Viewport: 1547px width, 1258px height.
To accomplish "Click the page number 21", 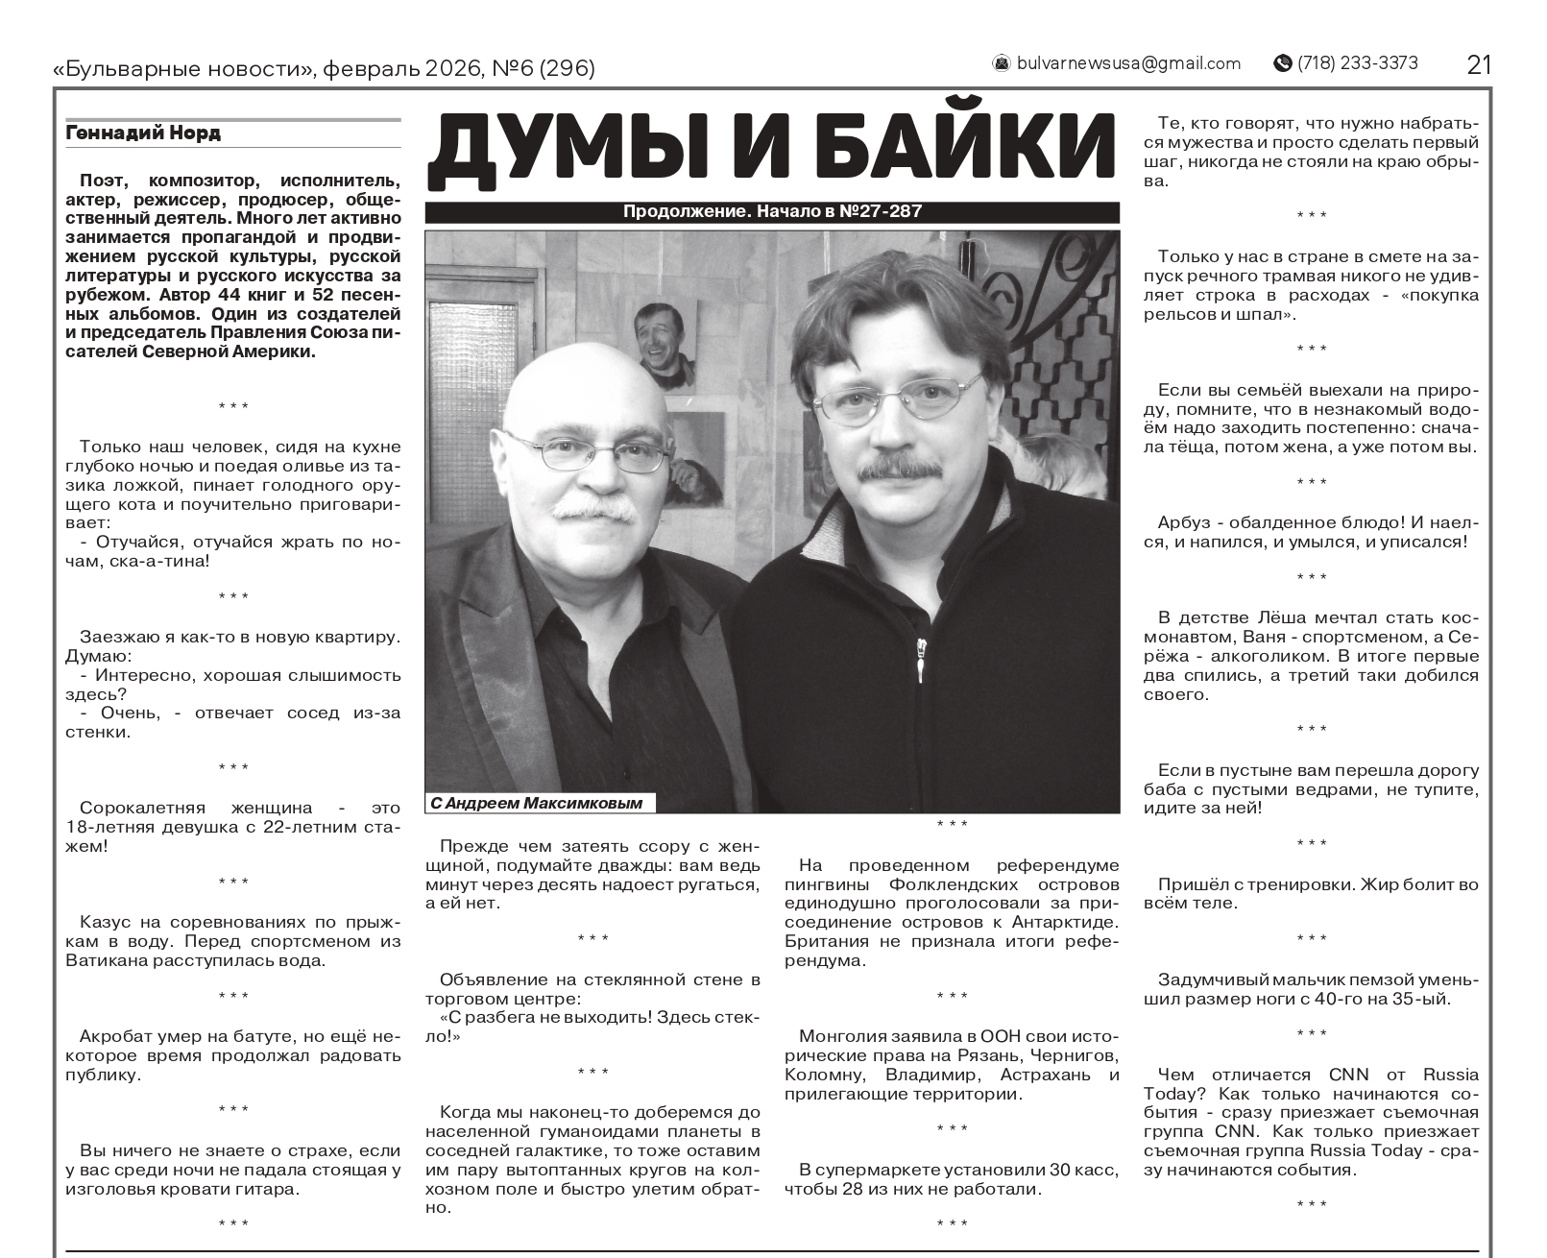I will [1479, 64].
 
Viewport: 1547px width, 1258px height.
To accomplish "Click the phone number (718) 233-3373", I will [1357, 63].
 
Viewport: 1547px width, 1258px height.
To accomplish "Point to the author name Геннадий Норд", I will [143, 133].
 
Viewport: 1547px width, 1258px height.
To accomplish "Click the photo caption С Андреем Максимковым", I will [537, 803].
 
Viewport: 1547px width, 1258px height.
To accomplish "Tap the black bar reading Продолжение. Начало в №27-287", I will [772, 212].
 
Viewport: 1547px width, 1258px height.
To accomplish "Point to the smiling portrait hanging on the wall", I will [665, 345].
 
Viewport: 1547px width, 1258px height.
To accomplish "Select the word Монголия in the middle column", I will [837, 1036].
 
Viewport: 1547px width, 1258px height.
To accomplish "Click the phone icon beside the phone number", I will [1282, 63].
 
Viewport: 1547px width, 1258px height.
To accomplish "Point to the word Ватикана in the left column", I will [104, 959].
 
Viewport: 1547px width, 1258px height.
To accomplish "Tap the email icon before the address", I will [1001, 63].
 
